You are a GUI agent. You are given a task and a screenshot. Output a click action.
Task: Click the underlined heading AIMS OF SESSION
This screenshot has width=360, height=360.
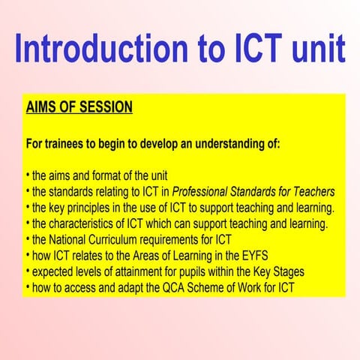[79, 108]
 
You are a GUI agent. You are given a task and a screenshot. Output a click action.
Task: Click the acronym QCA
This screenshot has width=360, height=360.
[169, 288]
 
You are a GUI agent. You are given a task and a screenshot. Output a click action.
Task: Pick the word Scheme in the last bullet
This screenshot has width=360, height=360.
[204, 288]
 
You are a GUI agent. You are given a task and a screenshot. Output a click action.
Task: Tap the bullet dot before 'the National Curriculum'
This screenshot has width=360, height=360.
[27, 240]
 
